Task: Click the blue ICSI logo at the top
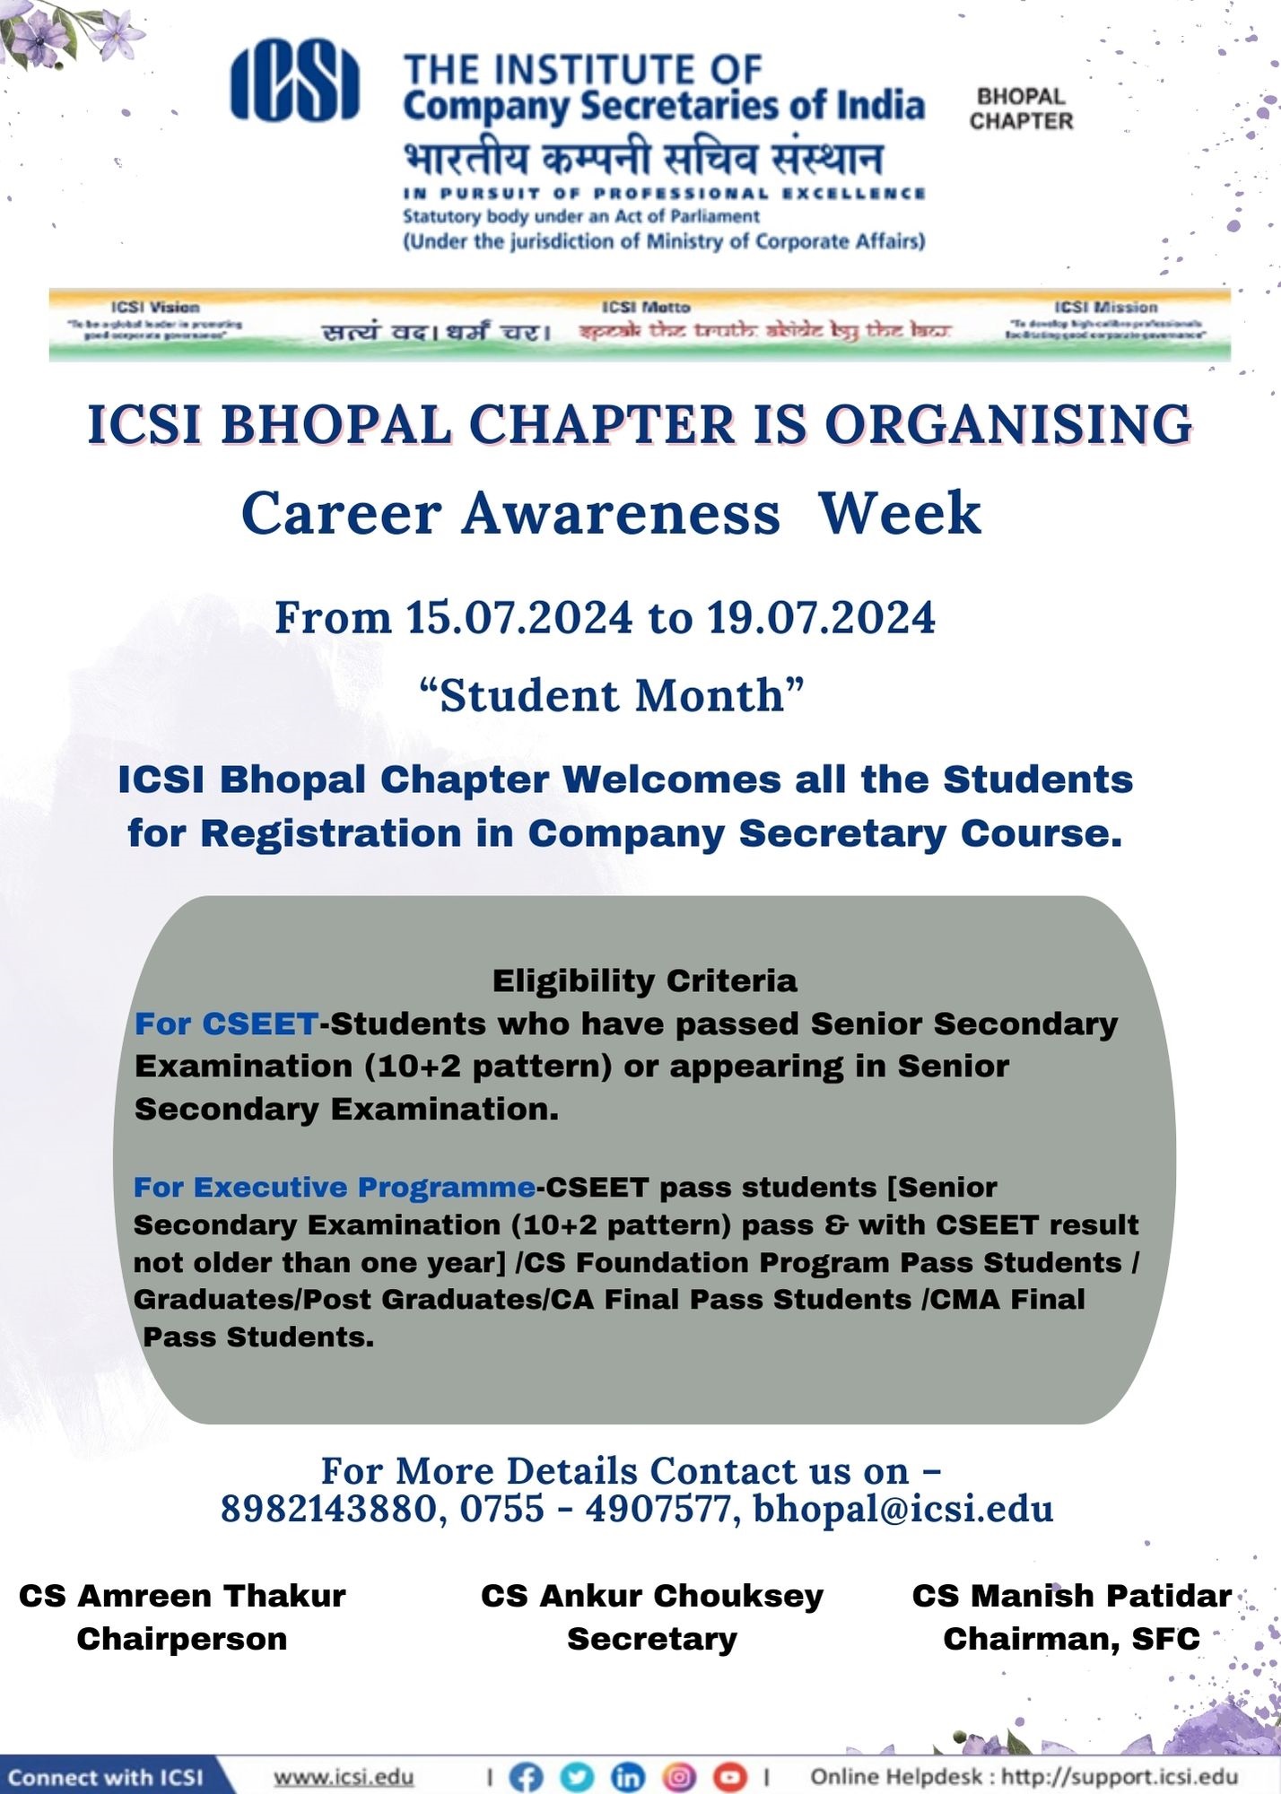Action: pos(294,81)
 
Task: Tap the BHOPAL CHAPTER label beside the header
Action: pos(1021,109)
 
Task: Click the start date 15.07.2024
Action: pos(519,618)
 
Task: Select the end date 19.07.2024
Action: pos(821,618)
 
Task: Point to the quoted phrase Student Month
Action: pos(612,695)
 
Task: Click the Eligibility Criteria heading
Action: pos(644,980)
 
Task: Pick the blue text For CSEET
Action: pos(226,1023)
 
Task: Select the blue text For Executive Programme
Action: pos(335,1187)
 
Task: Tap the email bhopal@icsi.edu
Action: pos(902,1509)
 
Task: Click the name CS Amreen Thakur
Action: pos(182,1596)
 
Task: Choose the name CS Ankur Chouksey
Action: pos(652,1596)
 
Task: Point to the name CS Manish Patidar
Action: pos(1072,1596)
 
